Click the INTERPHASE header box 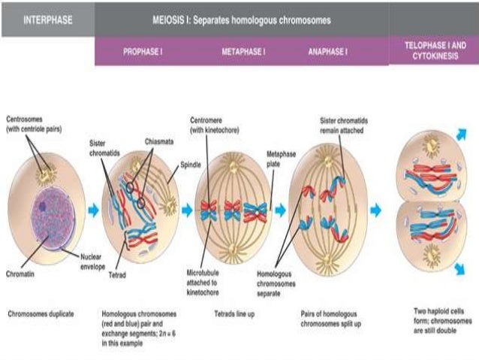[47, 20]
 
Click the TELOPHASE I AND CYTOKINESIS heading [434, 50]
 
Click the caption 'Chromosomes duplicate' [41, 312]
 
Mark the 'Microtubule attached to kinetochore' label [204, 277]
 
